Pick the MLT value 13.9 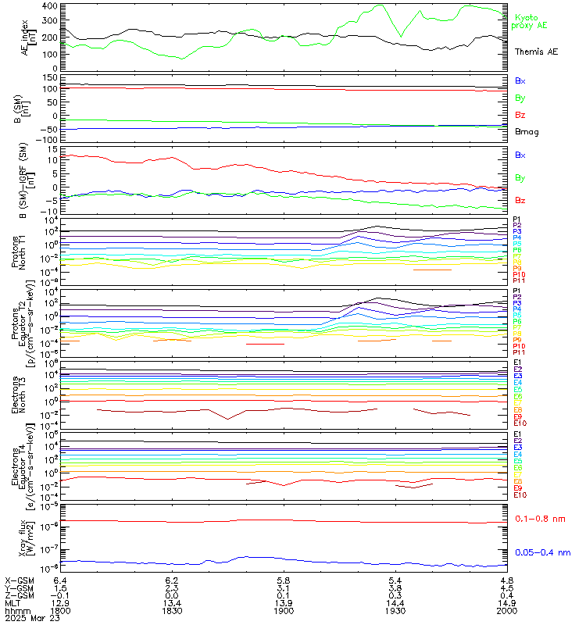coord(284,602)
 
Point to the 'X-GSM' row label coord(19,580)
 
